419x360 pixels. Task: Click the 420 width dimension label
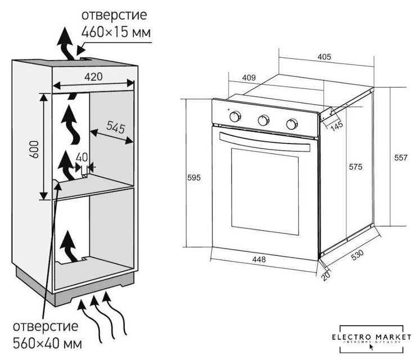click(x=94, y=75)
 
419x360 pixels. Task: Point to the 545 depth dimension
click(x=115, y=128)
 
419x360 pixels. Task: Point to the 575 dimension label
click(x=355, y=167)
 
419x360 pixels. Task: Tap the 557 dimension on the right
click(x=400, y=159)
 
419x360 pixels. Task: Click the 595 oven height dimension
click(x=193, y=177)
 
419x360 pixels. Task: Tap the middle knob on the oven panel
click(x=263, y=120)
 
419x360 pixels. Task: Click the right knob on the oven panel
click(x=291, y=123)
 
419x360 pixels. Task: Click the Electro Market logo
click(x=372, y=339)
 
